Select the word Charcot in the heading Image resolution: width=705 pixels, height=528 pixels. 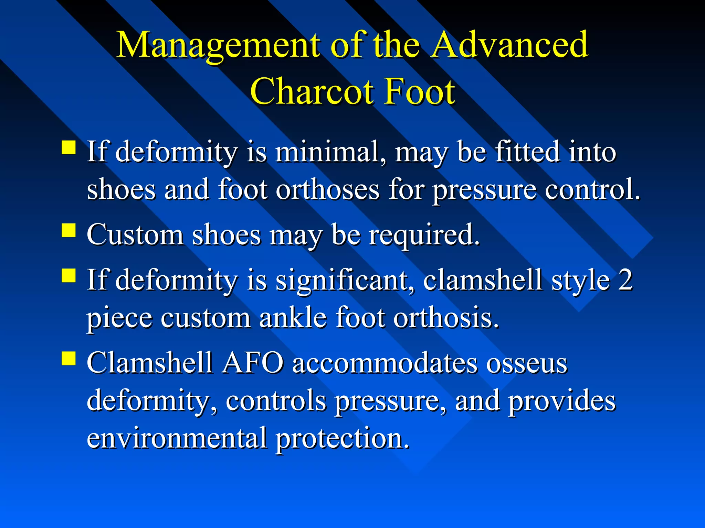(x=312, y=91)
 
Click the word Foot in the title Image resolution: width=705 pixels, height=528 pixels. (x=420, y=91)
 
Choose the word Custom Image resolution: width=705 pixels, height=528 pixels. (x=135, y=235)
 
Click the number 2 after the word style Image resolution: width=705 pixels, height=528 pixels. (x=625, y=280)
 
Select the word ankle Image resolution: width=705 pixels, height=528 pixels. (x=293, y=318)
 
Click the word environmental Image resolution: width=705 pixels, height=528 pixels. (x=177, y=438)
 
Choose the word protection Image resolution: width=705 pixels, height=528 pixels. (x=343, y=439)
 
